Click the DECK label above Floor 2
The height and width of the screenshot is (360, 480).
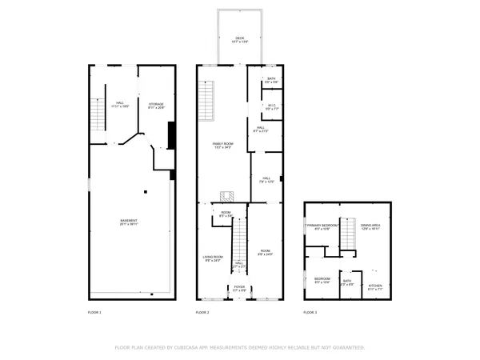click(x=238, y=38)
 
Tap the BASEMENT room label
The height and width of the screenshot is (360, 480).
click(x=129, y=221)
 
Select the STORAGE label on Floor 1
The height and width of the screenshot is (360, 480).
click(x=155, y=103)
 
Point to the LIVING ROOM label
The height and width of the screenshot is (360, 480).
click(x=212, y=257)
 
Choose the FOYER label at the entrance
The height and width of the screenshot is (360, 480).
click(x=238, y=286)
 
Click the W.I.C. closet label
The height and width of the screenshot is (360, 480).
click(x=270, y=106)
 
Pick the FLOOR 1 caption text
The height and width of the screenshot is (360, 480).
click(x=94, y=311)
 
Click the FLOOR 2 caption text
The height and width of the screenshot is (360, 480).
click(x=203, y=311)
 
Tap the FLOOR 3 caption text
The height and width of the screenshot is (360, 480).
click(x=310, y=311)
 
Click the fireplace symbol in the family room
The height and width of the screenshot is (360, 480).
click(x=227, y=195)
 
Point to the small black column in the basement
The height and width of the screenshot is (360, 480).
click(x=146, y=191)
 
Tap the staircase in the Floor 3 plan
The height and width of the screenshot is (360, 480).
click(x=348, y=235)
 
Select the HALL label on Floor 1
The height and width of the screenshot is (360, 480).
click(x=120, y=103)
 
